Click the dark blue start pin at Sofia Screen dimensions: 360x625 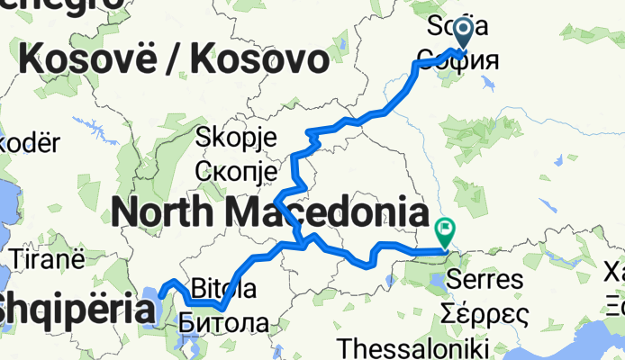tap(464, 32)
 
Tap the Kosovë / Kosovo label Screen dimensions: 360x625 tap(172, 60)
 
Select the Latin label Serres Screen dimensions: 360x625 tap(490, 279)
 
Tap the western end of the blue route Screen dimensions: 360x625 tap(160, 293)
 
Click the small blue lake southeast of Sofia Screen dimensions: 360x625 tap(487, 83)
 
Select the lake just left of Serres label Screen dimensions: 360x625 tap(436, 280)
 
